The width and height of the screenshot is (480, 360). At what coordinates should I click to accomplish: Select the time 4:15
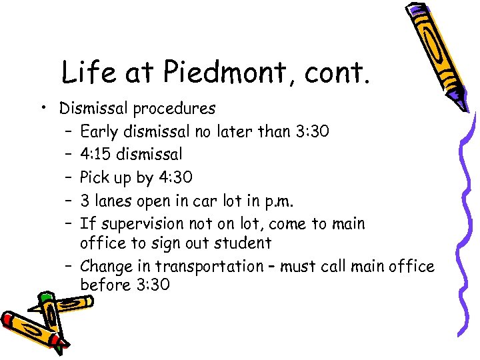coord(95,155)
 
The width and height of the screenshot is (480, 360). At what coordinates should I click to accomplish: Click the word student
coord(243,243)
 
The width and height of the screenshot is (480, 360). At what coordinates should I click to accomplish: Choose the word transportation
coord(209,267)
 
